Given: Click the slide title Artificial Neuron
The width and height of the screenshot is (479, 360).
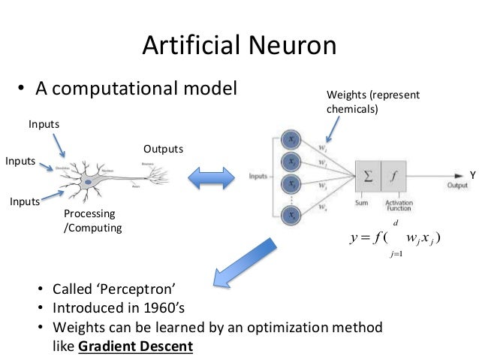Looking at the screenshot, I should click(239, 46).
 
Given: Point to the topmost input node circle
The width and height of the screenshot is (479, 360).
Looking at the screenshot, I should click(291, 139).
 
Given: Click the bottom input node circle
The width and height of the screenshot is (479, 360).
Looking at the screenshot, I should click(291, 214).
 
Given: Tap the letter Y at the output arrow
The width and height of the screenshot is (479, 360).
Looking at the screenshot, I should click(473, 175).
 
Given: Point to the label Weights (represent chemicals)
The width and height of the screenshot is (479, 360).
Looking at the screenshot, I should click(373, 101).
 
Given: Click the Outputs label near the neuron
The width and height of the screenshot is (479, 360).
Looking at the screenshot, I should click(163, 149).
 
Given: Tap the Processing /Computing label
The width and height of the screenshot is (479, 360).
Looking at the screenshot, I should click(92, 220).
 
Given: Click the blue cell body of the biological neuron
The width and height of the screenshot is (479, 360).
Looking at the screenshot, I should click(88, 180).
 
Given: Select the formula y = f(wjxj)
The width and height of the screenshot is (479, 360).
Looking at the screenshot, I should click(395, 239).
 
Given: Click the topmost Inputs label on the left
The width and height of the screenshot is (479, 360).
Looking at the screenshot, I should click(44, 123).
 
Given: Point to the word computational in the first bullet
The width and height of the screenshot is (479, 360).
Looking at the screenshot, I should click(115, 89).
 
